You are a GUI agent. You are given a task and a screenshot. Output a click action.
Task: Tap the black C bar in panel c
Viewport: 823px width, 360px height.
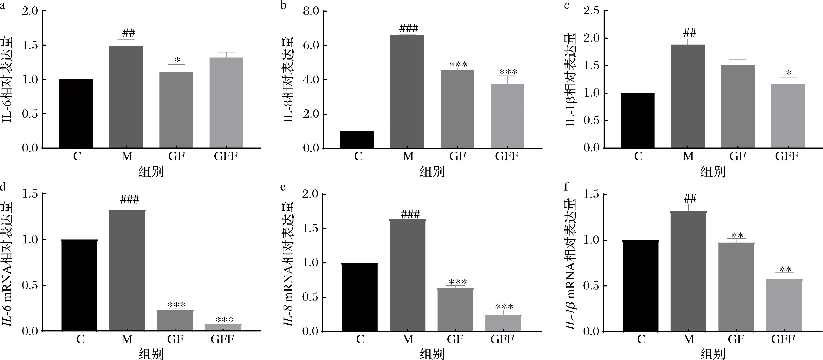tap(637, 121)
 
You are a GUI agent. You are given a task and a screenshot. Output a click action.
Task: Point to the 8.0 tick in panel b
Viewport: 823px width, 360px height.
tap(311, 11)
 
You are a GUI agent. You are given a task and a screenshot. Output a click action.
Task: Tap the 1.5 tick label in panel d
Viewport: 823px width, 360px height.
tap(30, 194)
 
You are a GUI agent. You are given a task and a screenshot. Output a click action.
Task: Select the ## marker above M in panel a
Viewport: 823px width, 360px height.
tap(128, 33)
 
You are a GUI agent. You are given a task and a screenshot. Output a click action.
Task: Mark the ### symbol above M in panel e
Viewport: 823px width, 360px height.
tap(410, 214)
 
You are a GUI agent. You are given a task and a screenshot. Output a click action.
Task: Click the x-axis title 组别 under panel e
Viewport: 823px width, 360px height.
tap(432, 354)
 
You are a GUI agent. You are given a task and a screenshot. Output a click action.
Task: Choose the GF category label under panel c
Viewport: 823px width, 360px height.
tap(737, 156)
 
